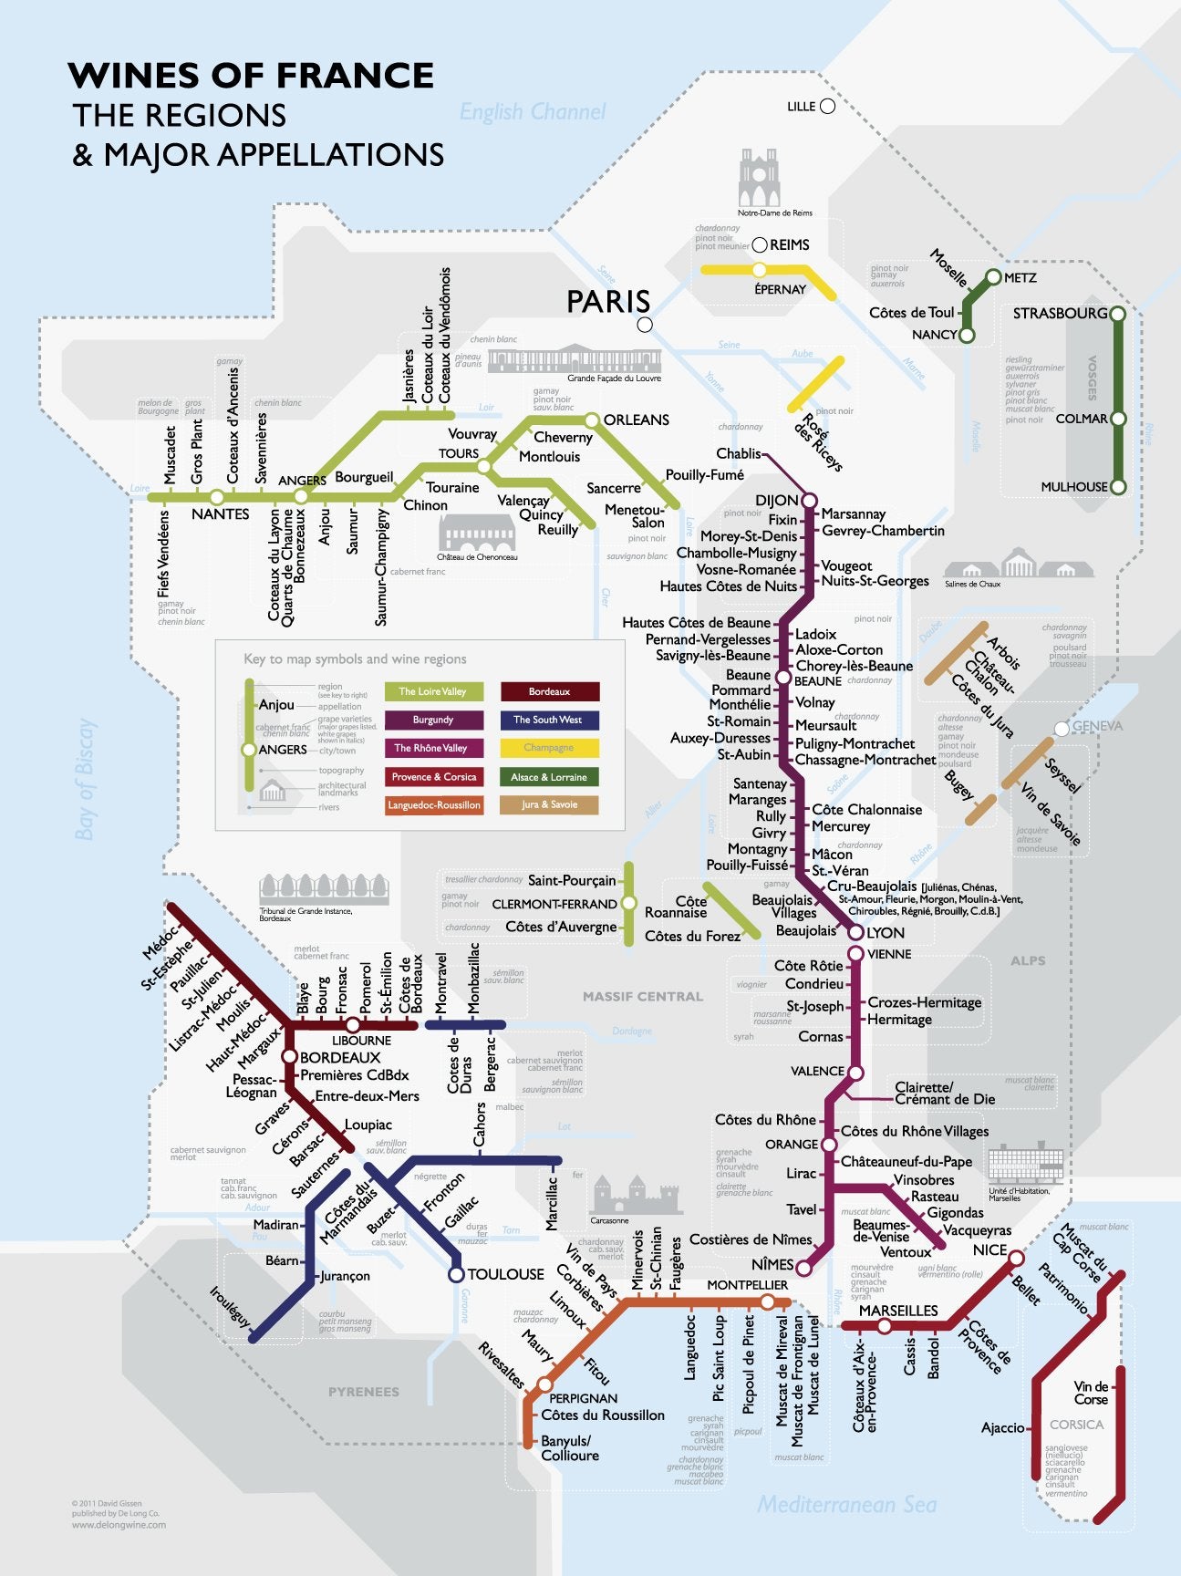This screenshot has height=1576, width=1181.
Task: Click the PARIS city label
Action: click(608, 302)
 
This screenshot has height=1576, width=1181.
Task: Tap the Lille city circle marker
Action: click(827, 107)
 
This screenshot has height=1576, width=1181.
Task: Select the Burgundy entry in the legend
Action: click(433, 720)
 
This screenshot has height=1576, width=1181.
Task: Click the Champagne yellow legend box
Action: click(549, 748)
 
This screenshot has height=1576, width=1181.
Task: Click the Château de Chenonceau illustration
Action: click(476, 533)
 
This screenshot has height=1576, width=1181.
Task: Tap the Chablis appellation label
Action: click(738, 453)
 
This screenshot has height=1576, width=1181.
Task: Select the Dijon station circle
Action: click(808, 501)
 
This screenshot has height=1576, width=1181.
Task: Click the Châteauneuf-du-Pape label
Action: click(906, 1162)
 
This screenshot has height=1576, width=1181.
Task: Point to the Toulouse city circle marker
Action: click(456, 1275)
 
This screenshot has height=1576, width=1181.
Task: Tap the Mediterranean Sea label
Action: click(846, 1504)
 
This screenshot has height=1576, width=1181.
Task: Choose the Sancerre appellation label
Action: click(613, 488)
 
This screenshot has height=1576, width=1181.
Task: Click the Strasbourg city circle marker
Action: click(1116, 314)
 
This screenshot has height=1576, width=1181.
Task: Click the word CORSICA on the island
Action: click(1076, 1424)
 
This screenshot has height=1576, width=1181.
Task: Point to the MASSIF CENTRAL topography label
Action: click(643, 996)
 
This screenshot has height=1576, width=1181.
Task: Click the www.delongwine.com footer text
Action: click(119, 1524)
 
